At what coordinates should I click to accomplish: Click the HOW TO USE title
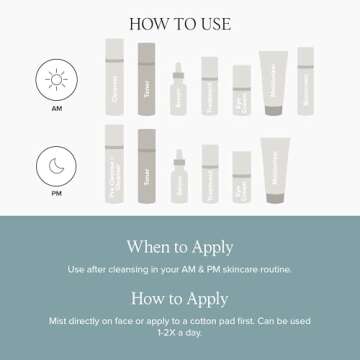[180, 21]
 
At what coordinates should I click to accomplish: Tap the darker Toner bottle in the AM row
[147, 77]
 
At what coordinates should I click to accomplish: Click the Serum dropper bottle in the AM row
[179, 87]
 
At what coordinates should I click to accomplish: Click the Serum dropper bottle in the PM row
[179, 172]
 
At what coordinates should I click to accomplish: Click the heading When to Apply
[180, 247]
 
